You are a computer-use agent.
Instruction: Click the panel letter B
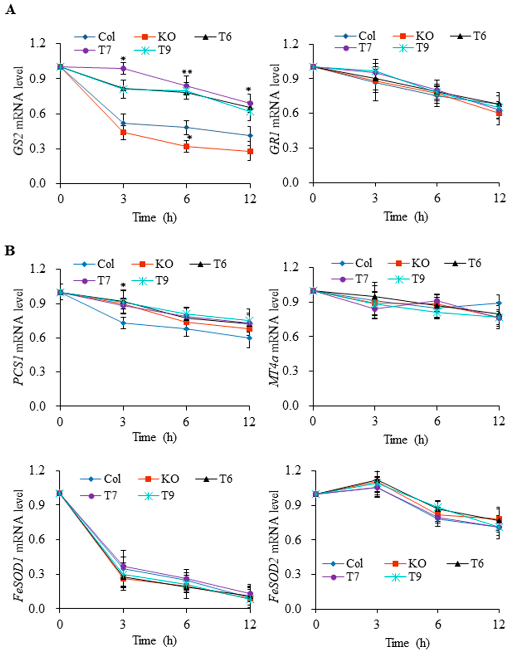[10, 251]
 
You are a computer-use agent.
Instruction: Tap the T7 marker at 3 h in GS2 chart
[123, 69]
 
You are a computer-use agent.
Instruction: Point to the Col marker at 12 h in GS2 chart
[250, 136]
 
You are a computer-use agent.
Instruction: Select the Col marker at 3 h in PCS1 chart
[123, 323]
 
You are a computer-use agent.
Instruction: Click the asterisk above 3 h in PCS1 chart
[123, 285]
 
